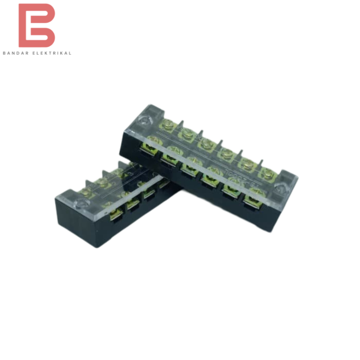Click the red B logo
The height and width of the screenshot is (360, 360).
pos(36,26)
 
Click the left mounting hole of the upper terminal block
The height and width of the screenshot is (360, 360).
pos(144,120)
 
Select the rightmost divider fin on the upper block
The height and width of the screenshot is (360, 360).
pos(262,164)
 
